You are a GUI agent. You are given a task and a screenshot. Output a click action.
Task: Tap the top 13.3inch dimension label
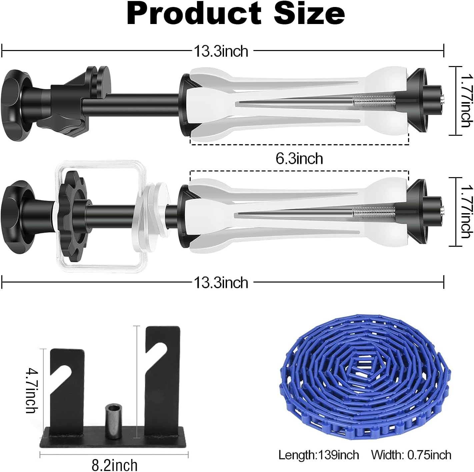[x=221, y=51]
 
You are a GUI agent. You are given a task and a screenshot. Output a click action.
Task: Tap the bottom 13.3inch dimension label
[x=221, y=283]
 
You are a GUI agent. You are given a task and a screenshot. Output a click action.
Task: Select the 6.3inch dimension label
[x=299, y=158]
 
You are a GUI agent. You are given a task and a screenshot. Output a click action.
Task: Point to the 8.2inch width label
[x=114, y=464]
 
